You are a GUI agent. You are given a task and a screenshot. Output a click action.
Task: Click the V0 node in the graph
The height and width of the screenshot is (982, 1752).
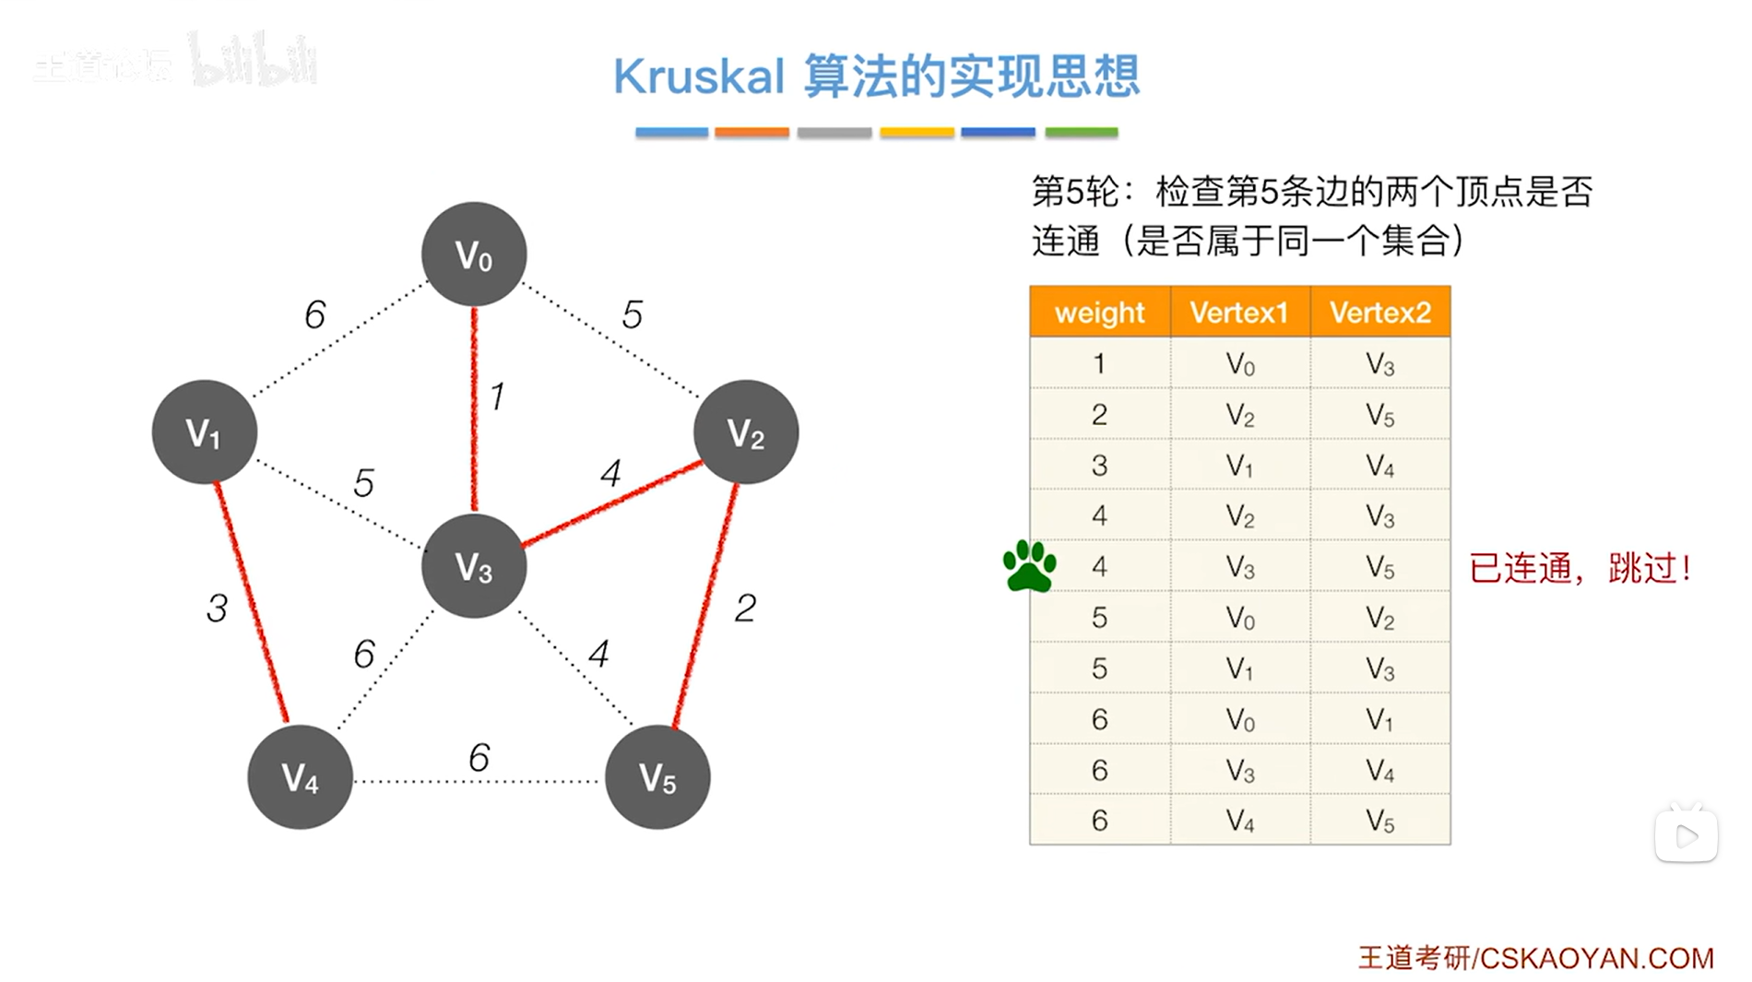pos(474,254)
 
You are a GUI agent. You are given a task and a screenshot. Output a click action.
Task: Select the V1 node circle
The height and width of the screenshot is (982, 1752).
pos(204,432)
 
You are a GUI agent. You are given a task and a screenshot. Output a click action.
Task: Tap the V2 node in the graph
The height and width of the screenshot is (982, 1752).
pos(745,432)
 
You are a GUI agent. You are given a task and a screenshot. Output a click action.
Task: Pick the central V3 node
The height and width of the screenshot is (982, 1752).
pos(474,566)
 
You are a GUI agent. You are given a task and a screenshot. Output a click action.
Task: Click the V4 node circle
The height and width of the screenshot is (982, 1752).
pos(300,776)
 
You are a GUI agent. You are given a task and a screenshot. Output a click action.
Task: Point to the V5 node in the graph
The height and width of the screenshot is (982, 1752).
pos(657,776)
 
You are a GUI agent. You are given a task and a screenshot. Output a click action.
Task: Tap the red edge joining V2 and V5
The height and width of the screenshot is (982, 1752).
pos(706,604)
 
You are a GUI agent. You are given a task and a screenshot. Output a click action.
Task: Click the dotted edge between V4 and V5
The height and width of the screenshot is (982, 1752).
pos(477,781)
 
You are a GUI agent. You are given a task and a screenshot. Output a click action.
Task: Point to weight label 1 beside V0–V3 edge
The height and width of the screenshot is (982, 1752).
pos(497,396)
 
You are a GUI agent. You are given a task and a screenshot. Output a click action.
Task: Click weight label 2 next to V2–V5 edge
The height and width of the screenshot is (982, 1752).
pos(745,608)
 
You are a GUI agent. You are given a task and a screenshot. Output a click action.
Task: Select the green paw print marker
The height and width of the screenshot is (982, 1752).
pos(1029,565)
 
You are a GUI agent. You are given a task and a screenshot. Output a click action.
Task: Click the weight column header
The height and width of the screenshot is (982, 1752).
pos(1099,313)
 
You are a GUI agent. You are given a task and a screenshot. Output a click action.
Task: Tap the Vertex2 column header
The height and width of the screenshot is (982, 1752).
pos(1379,313)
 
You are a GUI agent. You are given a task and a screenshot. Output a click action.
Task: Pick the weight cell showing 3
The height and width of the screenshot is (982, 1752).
pos(1099,465)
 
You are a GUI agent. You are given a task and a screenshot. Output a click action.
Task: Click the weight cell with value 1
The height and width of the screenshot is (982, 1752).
pos(1099,363)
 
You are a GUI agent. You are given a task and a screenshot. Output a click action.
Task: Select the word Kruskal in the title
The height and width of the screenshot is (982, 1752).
pos(699,77)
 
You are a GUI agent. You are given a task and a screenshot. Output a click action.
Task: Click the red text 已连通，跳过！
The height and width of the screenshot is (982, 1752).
pos(1580,568)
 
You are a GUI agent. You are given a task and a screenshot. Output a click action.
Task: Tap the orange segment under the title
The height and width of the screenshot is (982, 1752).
pos(752,133)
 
